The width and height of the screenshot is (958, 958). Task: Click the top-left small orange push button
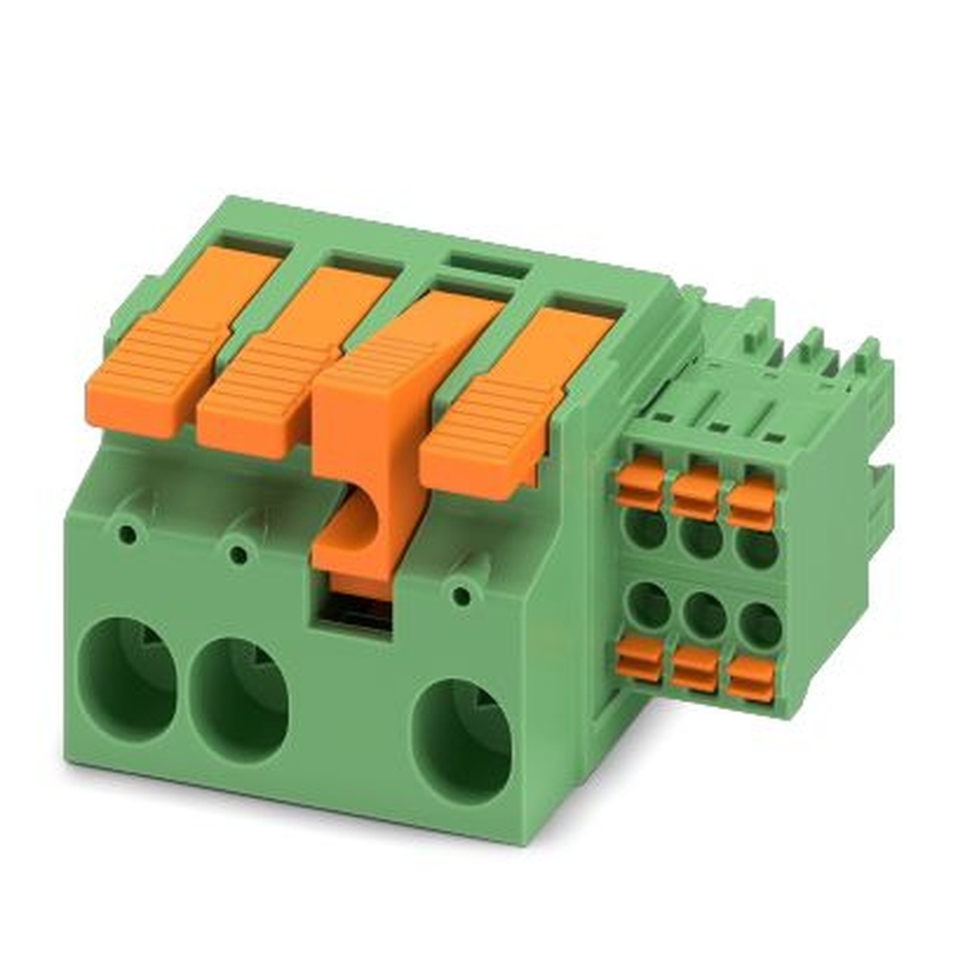[639, 483]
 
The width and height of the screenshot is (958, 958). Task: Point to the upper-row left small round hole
[648, 528]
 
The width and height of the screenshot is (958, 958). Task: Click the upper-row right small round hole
[758, 549]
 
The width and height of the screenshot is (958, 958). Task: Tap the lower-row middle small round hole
[705, 614]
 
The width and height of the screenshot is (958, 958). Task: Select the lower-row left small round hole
[650, 604]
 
